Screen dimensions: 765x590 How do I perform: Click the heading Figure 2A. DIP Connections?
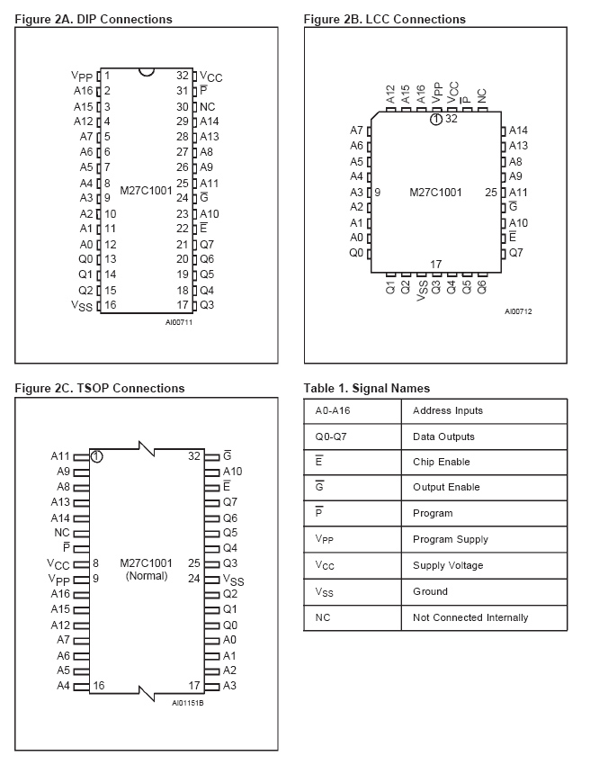[x=94, y=19]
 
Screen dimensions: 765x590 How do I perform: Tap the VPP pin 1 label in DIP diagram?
[x=82, y=76]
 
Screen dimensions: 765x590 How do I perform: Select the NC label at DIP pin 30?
[x=208, y=106]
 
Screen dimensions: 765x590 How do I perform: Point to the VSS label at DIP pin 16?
[x=82, y=305]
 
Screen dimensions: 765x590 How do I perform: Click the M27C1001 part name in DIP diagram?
[x=146, y=191]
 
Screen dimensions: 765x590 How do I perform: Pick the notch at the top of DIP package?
[x=147, y=71]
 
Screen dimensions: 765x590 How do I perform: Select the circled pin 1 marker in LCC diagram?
[x=435, y=119]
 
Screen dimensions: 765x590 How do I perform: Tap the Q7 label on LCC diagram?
[x=516, y=253]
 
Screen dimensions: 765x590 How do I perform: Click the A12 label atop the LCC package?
[x=391, y=94]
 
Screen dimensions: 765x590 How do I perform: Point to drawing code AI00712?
[x=518, y=311]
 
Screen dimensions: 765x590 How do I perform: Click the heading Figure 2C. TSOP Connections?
[x=100, y=388]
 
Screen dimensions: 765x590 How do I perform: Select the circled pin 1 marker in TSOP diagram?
[x=96, y=456]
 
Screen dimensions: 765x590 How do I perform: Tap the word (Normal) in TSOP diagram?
[x=146, y=576]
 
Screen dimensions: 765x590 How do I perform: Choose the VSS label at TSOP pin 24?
[x=233, y=580]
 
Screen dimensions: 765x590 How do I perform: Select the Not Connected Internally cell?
[x=469, y=617]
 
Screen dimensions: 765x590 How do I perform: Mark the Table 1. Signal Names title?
[x=366, y=388]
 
